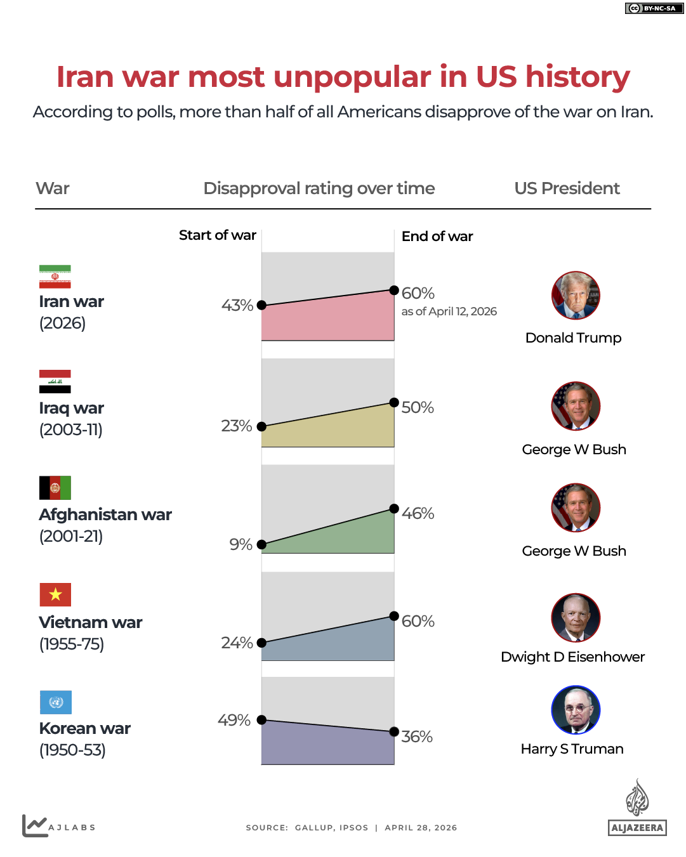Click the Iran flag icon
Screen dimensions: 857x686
(55, 277)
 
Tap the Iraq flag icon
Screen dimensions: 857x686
(55, 381)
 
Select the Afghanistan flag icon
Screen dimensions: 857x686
(55, 488)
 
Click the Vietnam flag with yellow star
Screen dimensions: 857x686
(55, 594)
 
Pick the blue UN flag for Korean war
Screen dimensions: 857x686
(56, 702)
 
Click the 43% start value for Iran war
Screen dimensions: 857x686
(237, 305)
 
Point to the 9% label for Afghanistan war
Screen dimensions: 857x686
(241, 544)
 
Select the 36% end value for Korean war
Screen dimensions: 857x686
(417, 736)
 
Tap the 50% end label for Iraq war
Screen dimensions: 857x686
(418, 407)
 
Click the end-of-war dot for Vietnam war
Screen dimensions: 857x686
(394, 616)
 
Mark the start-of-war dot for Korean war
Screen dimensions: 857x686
(261, 720)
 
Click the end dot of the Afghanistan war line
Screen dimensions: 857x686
(394, 509)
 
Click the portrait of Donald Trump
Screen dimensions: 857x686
(576, 296)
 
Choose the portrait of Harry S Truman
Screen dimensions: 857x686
(576, 710)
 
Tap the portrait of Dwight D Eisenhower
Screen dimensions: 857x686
(576, 618)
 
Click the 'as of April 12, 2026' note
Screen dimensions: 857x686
(449, 311)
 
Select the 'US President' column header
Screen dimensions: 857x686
(567, 188)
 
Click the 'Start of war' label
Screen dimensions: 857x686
(217, 235)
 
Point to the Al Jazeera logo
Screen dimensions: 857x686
(637, 808)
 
